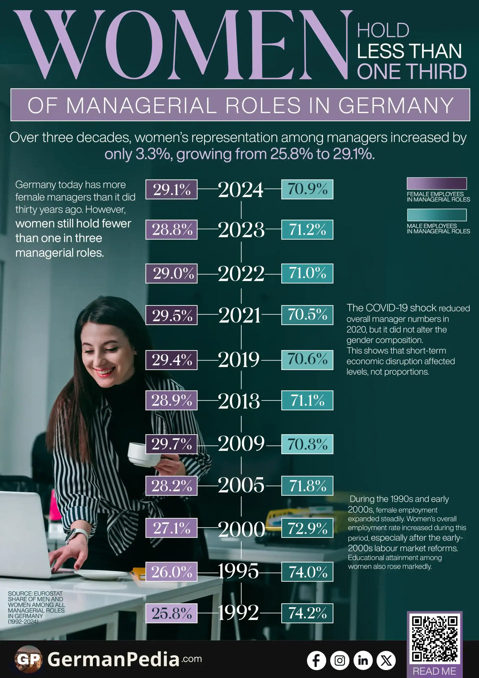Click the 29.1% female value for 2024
point(172,189)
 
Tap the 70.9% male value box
point(307,189)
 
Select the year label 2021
point(240,315)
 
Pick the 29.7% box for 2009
point(172,444)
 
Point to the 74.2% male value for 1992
point(307,613)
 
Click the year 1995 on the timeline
point(238,571)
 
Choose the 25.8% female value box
point(172,613)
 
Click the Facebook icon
point(316,660)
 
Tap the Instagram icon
point(340,660)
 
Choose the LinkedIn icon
point(363,660)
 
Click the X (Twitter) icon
point(386,660)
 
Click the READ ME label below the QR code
point(434,671)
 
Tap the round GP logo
point(28,659)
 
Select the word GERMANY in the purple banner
point(396,105)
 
